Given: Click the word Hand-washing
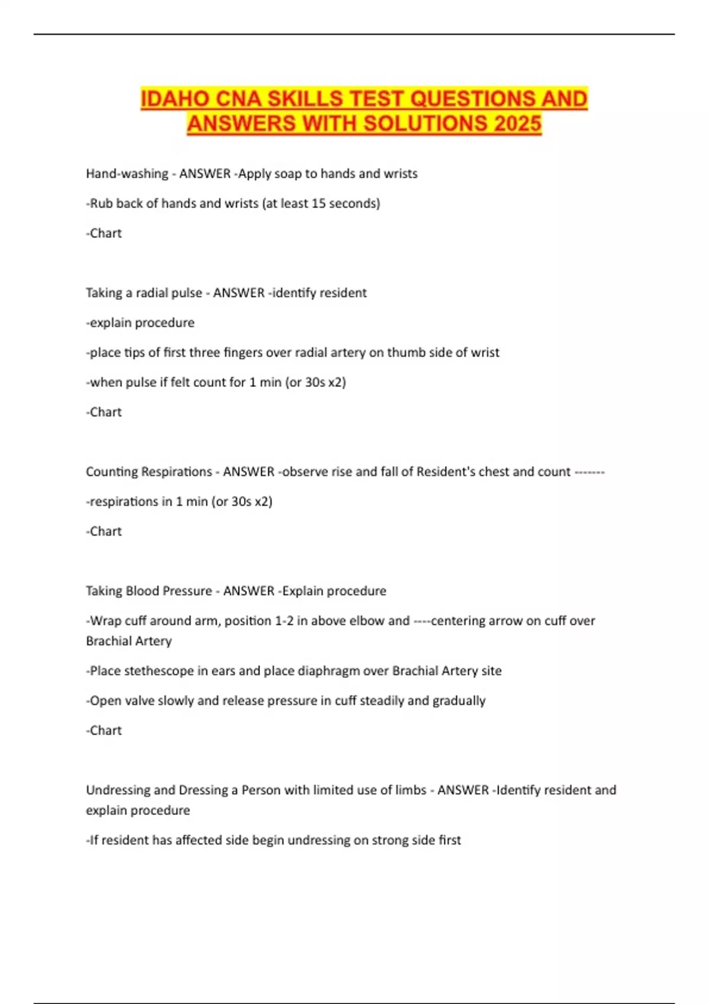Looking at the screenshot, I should (x=127, y=174).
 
